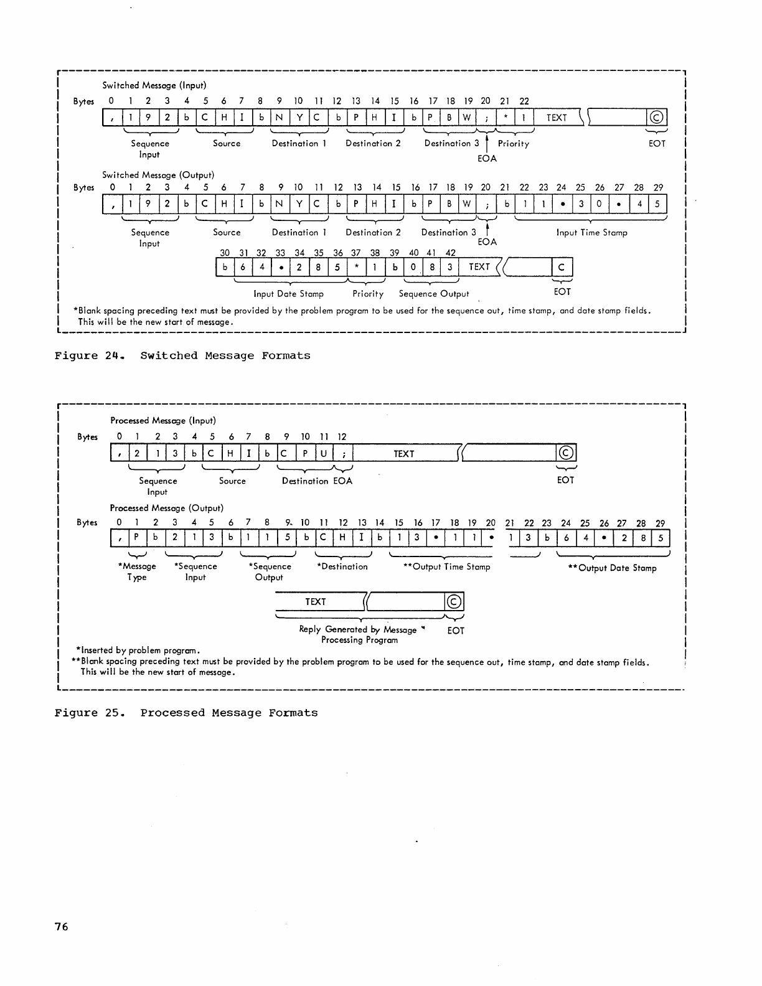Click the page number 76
pos(61,927)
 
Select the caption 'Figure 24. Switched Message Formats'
pos(182,356)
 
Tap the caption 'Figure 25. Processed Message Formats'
pos(186,713)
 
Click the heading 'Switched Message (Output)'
pos(158,175)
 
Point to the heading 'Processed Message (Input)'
pos(163,421)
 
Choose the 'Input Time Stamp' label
pos(591,233)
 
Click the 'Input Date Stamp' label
pos(289,294)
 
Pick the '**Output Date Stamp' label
pos(613,568)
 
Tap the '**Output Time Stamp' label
pos(447,567)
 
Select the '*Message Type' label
pos(137,571)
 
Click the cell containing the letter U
pos(323,454)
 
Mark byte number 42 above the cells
pos(451,253)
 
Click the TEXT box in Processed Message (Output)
pos(316,602)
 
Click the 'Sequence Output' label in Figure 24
pos(434,294)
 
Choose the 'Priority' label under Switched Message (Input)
pos(514,144)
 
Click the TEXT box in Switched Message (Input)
pos(557,118)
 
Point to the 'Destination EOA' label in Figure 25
pos(317,481)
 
